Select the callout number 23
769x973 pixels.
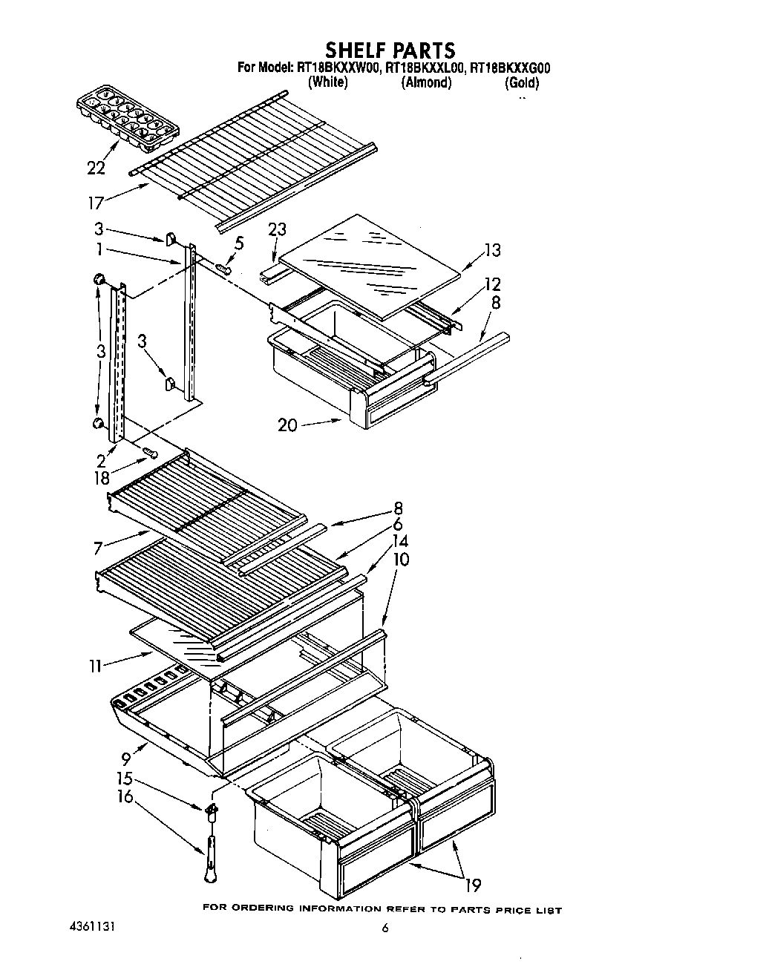pyautogui.click(x=277, y=229)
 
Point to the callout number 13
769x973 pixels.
pyautogui.click(x=492, y=250)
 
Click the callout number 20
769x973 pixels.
pyautogui.click(x=288, y=425)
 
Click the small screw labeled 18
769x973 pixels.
pyautogui.click(x=151, y=452)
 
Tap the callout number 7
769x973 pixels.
pyautogui.click(x=98, y=549)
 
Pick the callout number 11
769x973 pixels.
pyautogui.click(x=95, y=666)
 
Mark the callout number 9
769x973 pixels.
pyautogui.click(x=126, y=759)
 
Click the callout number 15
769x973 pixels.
pyautogui.click(x=124, y=779)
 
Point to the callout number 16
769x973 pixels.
pyautogui.click(x=125, y=797)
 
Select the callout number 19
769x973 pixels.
pyautogui.click(x=472, y=885)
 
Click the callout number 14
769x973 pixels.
pyautogui.click(x=400, y=542)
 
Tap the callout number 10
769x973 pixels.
pyautogui.click(x=400, y=559)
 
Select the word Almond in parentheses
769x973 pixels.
pyautogui.click(x=426, y=83)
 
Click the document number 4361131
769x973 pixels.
pyautogui.click(x=88, y=928)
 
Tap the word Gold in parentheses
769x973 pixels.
pyautogui.click(x=522, y=83)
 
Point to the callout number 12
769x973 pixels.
pyautogui.click(x=492, y=284)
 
